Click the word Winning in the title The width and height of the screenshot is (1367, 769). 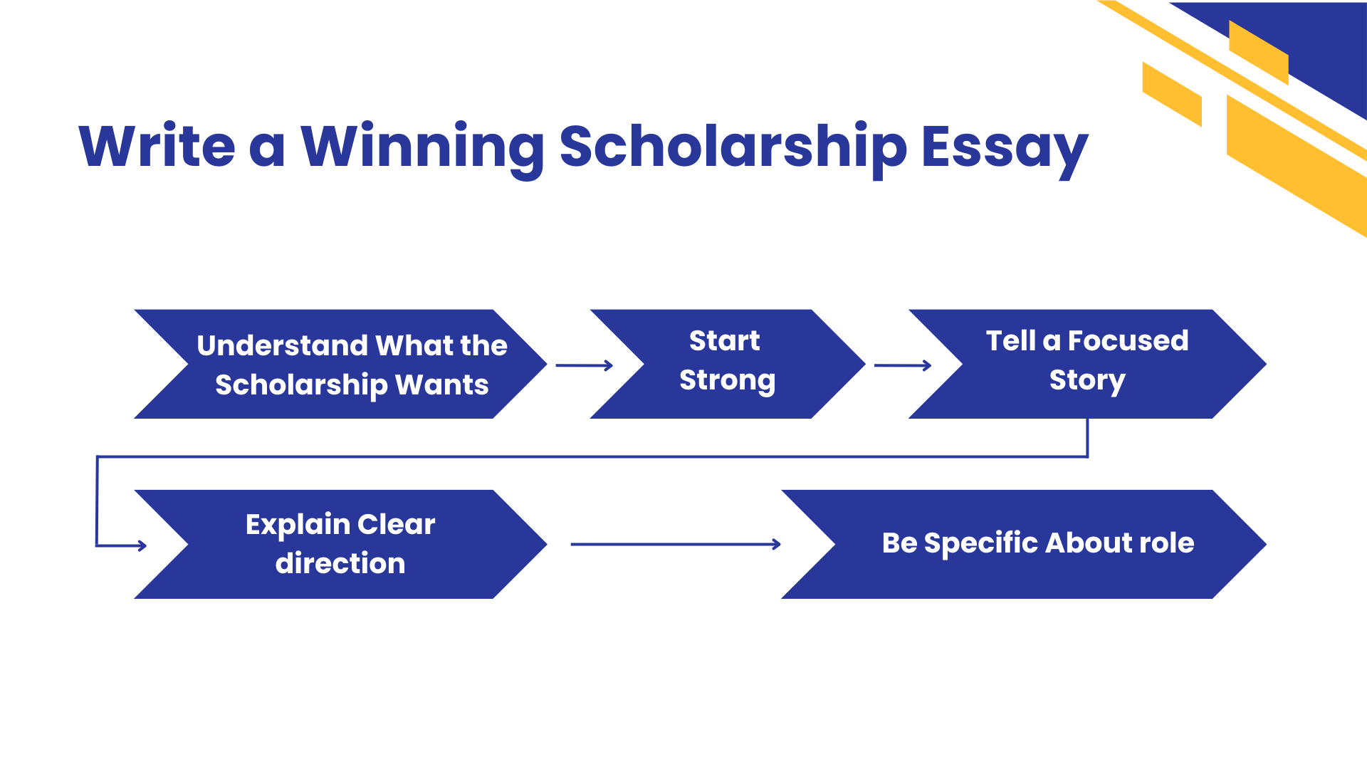422,147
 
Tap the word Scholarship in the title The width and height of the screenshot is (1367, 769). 733,147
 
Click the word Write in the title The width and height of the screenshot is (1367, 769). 157,146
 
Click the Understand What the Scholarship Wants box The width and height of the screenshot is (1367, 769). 340,364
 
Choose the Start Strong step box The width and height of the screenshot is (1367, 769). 728,364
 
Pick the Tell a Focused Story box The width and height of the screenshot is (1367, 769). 1087,364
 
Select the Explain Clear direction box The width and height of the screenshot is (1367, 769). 340,544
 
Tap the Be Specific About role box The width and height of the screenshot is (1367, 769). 1024,544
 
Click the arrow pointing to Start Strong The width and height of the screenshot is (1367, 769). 585,365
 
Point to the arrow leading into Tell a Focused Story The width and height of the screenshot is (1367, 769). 903,365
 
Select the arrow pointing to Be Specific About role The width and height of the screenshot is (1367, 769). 676,545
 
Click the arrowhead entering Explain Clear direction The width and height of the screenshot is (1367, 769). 142,546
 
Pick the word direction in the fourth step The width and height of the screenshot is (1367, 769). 340,563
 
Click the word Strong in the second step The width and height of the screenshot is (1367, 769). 728,381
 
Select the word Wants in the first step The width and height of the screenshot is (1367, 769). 442,384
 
